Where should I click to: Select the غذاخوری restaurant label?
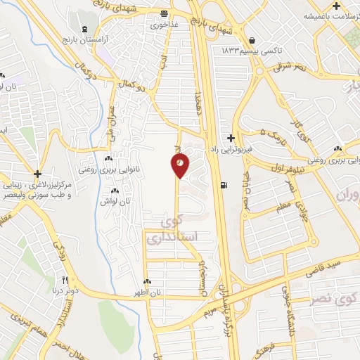pos(164,23)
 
